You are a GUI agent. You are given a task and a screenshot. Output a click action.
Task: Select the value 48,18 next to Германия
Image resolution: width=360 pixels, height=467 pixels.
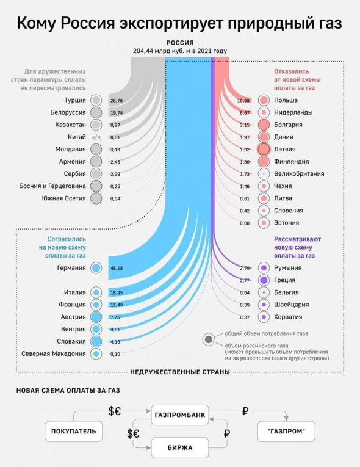point(116,268)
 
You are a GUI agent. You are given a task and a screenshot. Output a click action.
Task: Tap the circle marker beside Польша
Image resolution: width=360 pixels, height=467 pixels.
point(264,100)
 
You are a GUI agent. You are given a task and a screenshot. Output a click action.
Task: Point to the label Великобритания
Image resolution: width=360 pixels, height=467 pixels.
point(299,174)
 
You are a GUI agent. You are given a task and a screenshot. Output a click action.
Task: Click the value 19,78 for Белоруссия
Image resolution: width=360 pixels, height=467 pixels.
point(116,112)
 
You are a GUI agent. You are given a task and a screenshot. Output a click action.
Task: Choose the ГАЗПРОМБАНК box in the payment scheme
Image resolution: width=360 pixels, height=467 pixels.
point(179,416)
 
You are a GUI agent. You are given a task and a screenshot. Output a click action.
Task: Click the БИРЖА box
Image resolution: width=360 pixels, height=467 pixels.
point(179,447)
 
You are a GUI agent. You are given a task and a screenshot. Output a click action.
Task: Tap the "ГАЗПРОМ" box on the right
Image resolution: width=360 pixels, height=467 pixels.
point(286,431)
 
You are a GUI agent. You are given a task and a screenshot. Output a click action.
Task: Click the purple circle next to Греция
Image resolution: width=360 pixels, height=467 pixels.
point(264,280)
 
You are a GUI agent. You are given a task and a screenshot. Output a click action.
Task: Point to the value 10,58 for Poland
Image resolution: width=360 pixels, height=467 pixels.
point(244,100)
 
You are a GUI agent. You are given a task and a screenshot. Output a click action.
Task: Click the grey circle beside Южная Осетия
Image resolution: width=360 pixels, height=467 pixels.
point(96,198)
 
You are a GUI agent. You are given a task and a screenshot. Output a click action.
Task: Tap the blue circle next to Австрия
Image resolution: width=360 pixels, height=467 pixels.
point(96,317)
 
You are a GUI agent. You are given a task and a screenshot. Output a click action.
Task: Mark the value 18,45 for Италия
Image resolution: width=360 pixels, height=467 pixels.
point(116,293)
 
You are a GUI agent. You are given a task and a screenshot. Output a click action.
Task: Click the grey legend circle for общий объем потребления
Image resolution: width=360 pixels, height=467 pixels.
point(209,339)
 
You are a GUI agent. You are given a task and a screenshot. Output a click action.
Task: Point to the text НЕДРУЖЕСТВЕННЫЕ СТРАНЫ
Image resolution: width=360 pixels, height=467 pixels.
point(179,372)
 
